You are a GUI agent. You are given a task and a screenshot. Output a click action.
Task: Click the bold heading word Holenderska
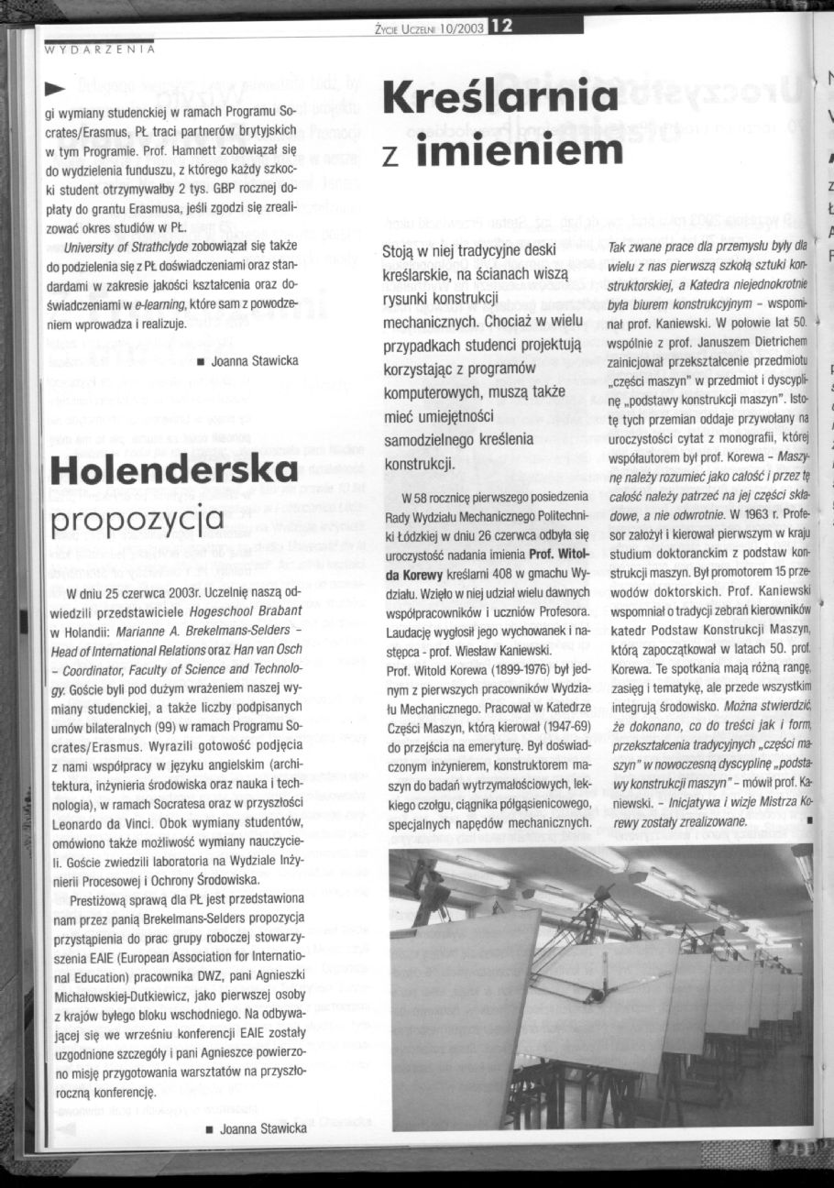click(x=174, y=470)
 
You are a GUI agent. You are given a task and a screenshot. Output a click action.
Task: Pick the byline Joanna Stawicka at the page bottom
click(x=261, y=1127)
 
